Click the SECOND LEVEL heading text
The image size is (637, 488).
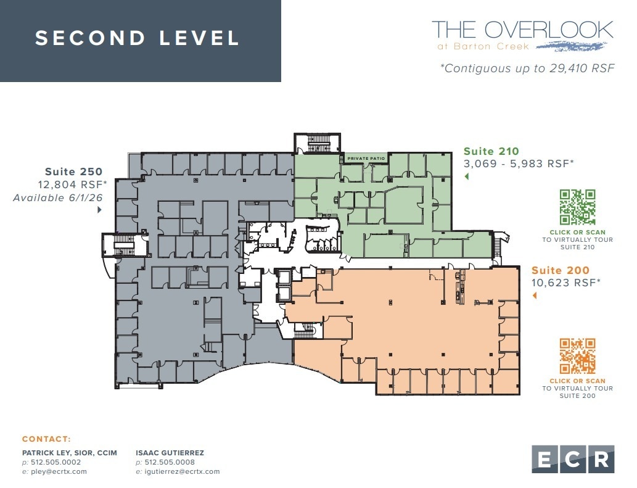tap(137, 38)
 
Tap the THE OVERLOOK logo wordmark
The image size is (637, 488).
tap(522, 30)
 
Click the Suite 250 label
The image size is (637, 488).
tap(73, 172)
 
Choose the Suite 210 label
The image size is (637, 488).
tap(491, 151)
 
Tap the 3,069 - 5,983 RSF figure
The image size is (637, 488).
tap(519, 163)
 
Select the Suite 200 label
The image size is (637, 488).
tap(560, 270)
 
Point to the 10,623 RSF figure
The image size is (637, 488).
tap(565, 283)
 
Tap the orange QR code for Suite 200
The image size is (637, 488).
tap(577, 356)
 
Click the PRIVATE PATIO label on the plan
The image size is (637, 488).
tap(366, 159)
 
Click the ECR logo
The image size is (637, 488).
tap(573, 459)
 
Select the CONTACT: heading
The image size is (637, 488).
tap(46, 439)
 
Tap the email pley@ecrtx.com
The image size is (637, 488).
tap(57, 471)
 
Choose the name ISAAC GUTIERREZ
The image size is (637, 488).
tap(170, 453)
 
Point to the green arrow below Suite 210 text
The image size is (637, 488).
tap(466, 177)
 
